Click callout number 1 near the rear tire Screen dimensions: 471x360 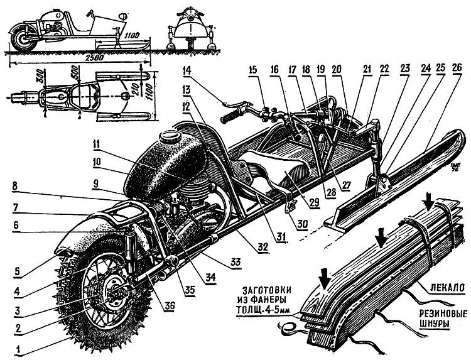[19, 349]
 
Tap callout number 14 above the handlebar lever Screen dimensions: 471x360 [187, 72]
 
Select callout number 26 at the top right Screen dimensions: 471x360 [457, 68]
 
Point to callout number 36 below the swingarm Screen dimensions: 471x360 [170, 307]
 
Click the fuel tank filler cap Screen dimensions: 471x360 [169, 138]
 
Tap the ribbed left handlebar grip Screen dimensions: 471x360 [231, 115]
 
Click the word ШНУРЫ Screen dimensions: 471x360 [437, 325]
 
